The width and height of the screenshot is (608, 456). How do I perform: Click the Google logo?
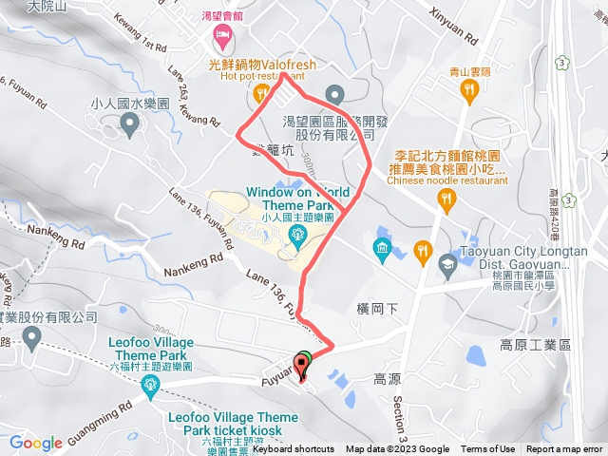click(x=36, y=443)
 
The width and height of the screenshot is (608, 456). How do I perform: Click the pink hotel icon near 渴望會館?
click(x=222, y=39)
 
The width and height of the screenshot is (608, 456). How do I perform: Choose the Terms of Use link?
click(x=487, y=449)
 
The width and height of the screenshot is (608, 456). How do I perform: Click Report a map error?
click(x=564, y=449)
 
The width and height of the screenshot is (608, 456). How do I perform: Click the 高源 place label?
click(x=387, y=377)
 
